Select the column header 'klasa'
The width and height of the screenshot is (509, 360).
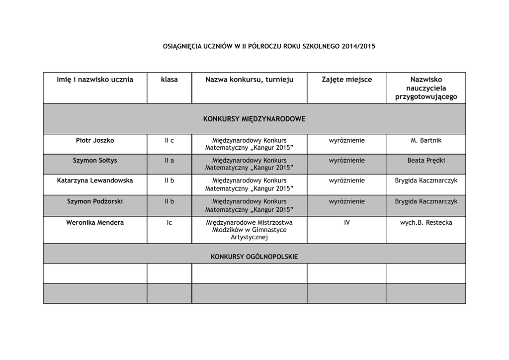click(x=169, y=80)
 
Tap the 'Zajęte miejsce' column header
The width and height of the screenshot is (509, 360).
click(x=346, y=80)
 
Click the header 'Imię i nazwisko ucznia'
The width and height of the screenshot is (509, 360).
click(x=95, y=80)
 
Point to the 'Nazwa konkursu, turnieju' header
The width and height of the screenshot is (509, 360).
click(x=249, y=80)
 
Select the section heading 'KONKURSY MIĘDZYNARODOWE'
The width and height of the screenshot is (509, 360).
click(x=254, y=119)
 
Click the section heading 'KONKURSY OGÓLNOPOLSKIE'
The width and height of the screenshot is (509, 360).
click(x=254, y=257)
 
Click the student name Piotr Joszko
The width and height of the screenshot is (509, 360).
click(x=95, y=141)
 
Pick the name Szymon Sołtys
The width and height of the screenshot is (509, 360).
click(x=95, y=161)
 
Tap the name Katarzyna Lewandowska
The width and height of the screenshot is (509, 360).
click(x=95, y=180)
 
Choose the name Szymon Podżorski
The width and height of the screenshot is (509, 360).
click(x=95, y=201)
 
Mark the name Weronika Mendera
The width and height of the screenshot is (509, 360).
click(x=95, y=223)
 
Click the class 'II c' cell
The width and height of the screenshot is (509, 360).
click(x=169, y=141)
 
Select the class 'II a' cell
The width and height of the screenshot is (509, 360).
click(x=169, y=161)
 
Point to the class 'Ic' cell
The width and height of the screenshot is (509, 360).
click(x=169, y=223)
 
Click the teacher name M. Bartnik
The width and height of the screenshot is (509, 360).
click(x=426, y=141)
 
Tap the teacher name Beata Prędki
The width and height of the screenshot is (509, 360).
click(x=426, y=161)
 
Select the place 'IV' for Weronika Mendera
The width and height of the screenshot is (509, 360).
click(x=346, y=223)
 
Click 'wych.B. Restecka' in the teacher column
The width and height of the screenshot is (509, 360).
click(x=426, y=223)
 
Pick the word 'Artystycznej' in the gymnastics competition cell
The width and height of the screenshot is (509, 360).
click(x=249, y=238)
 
